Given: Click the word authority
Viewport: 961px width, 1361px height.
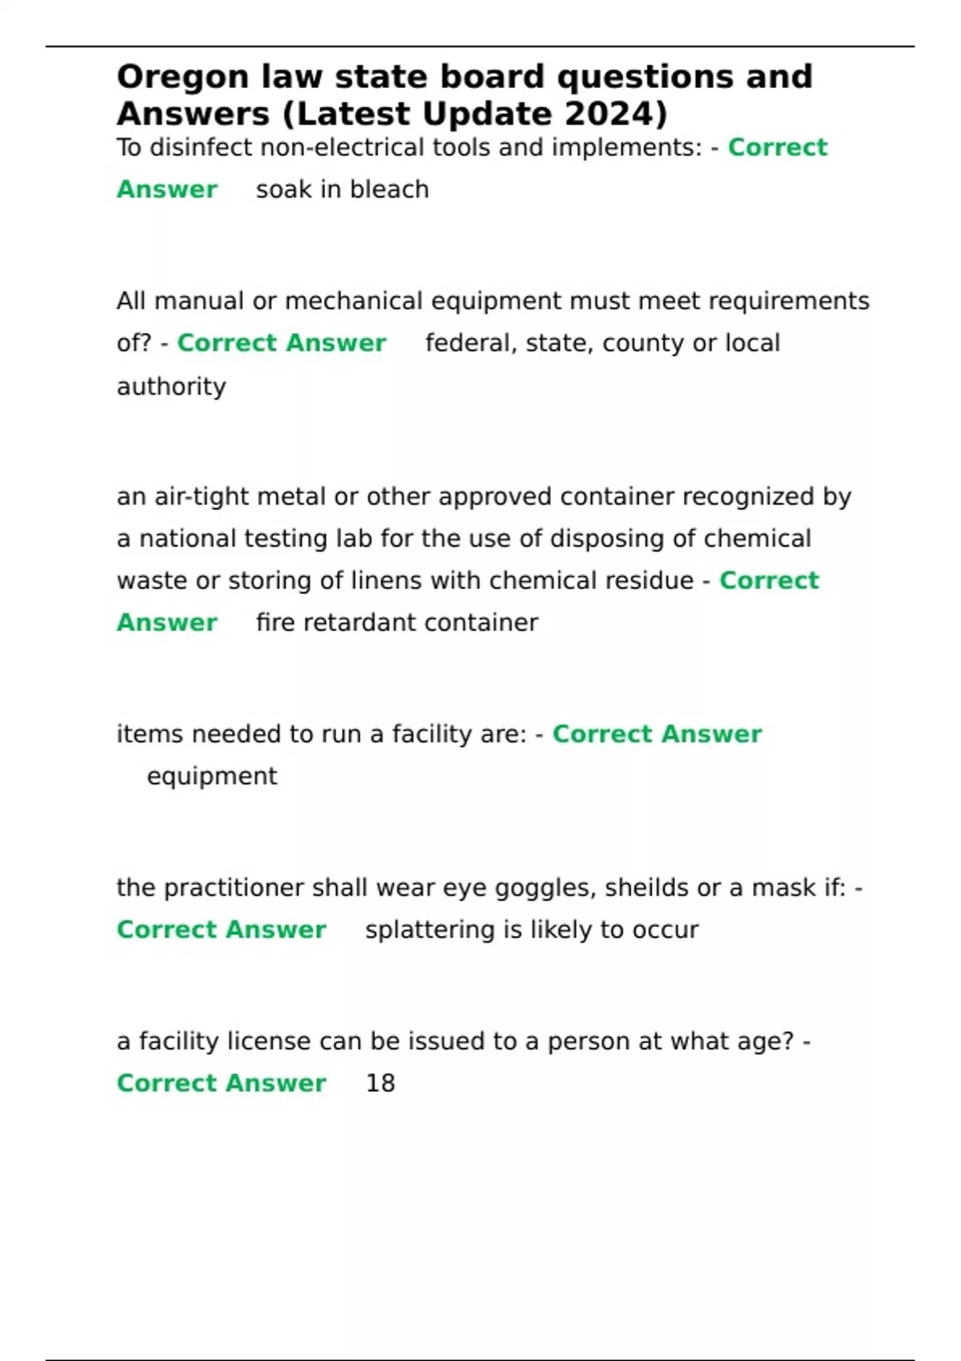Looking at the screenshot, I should (171, 387).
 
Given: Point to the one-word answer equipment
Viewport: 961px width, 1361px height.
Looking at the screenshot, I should (212, 777).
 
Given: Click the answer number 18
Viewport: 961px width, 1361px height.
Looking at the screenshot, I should (380, 1083).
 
